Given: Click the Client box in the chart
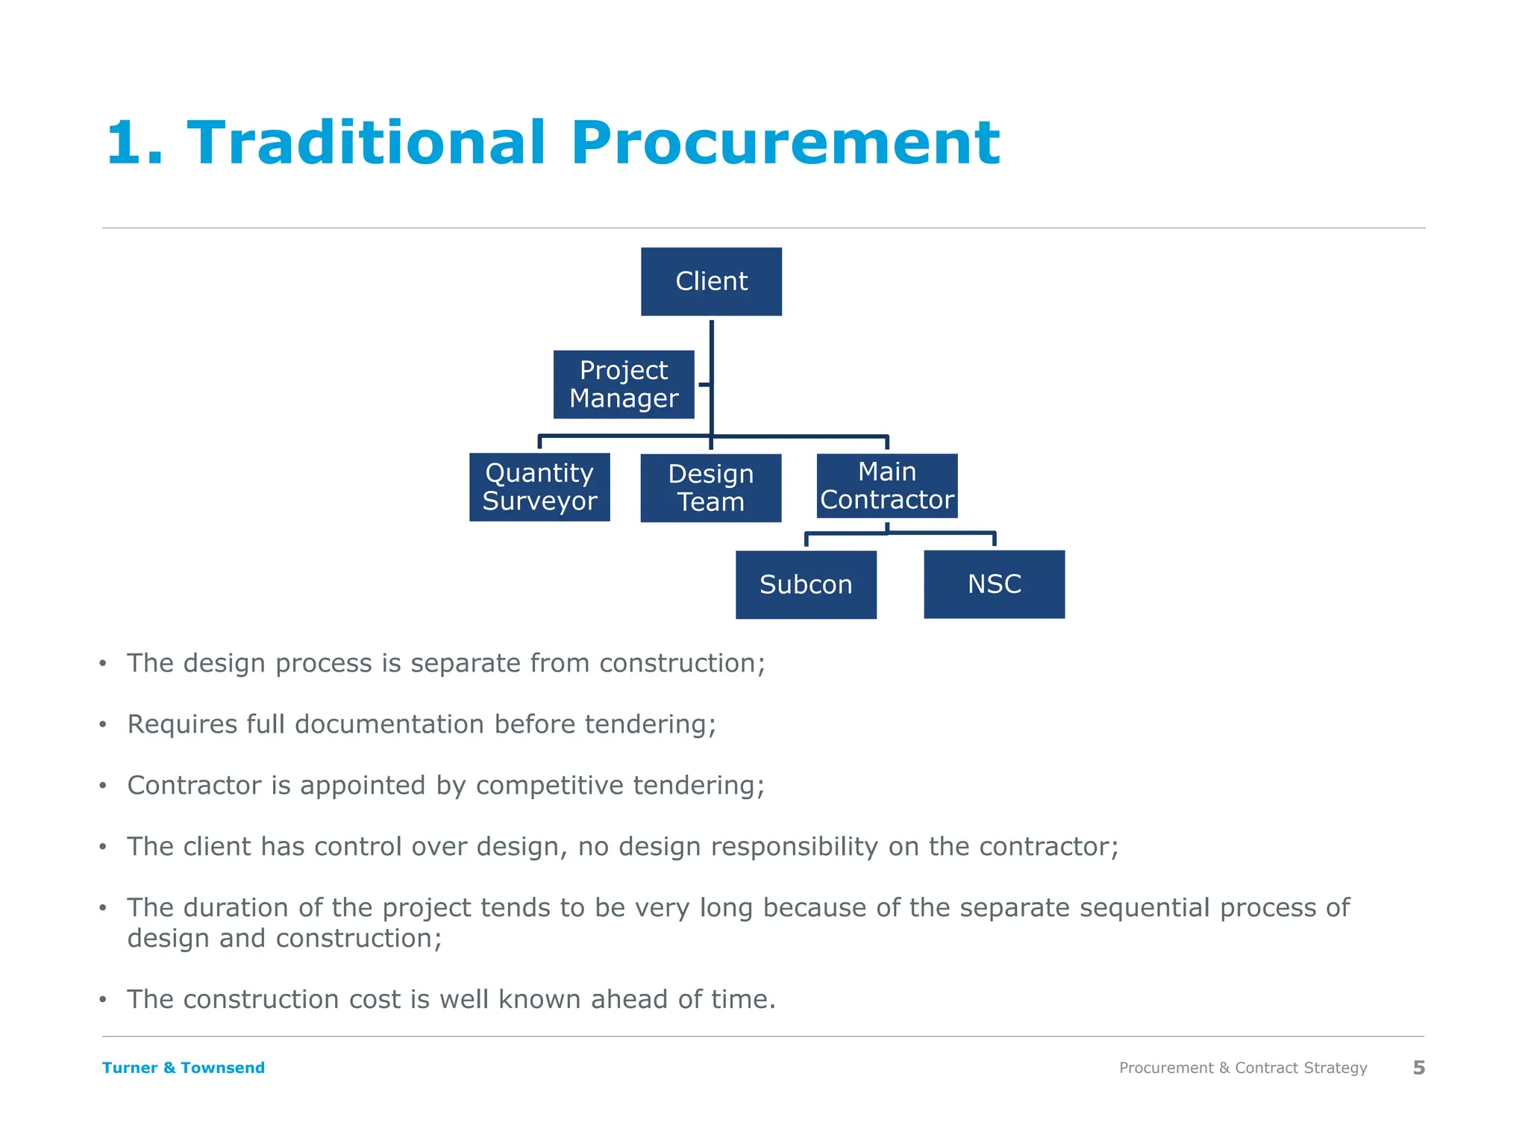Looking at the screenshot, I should pyautogui.click(x=711, y=281).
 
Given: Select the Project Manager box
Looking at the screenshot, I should pyautogui.click(x=624, y=384).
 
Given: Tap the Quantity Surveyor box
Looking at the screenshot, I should pyautogui.click(x=539, y=487).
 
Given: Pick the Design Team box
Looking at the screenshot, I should pyautogui.click(x=710, y=488).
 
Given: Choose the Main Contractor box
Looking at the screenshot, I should pyautogui.click(x=886, y=486).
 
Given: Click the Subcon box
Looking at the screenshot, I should pyautogui.click(x=806, y=584).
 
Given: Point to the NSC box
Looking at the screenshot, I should pyautogui.click(x=994, y=584).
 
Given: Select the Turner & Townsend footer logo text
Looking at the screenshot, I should pyautogui.click(x=184, y=1068).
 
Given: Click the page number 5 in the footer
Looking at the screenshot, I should pyautogui.click(x=1418, y=1068).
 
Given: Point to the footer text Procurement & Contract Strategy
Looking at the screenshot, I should pyautogui.click(x=1243, y=1068).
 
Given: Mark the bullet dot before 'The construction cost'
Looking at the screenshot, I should pyautogui.click(x=103, y=1000).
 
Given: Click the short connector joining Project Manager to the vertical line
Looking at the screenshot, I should pyautogui.click(x=704, y=385).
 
